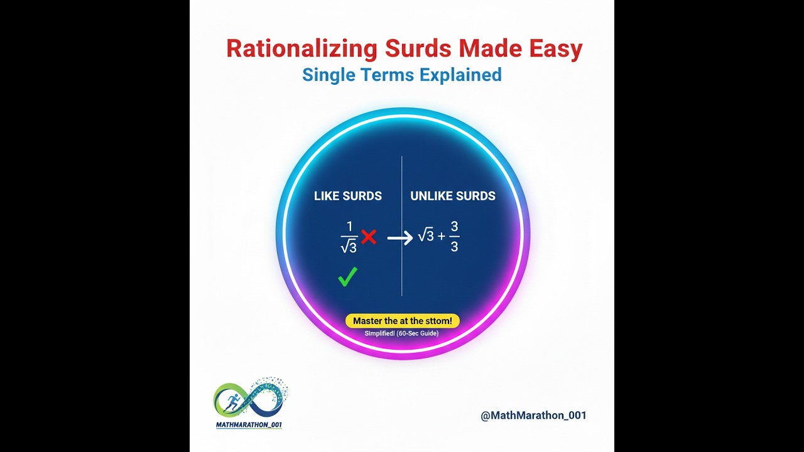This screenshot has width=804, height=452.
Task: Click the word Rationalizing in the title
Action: tap(301, 50)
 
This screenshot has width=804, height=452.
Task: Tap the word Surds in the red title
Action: tap(418, 50)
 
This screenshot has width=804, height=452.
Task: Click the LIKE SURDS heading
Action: tap(348, 196)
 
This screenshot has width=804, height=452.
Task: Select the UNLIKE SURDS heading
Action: tap(453, 196)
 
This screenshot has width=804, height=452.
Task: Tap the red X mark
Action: tap(369, 237)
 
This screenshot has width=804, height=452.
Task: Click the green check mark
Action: tap(347, 276)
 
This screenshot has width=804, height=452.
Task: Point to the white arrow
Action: tap(399, 238)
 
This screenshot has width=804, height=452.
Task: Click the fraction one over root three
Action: tap(349, 237)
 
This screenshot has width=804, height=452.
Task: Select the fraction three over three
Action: tap(454, 237)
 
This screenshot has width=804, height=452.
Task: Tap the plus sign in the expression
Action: tap(441, 237)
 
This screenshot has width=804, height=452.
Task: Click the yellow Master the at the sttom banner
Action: tap(402, 321)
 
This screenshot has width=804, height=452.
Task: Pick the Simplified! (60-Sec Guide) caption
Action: tap(401, 333)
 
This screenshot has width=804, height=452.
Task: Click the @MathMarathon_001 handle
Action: tap(533, 415)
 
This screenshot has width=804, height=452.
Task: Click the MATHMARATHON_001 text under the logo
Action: tap(249, 425)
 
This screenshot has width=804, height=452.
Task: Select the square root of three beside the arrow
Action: tap(426, 236)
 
